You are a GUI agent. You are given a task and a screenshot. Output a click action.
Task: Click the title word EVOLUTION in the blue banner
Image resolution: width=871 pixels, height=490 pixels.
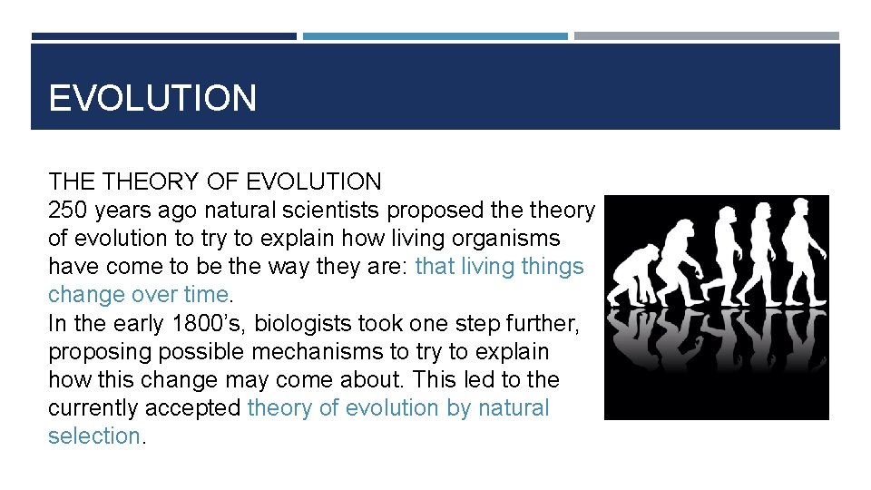click(152, 98)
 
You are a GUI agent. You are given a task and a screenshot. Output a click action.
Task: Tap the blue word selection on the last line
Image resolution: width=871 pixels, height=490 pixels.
click(94, 436)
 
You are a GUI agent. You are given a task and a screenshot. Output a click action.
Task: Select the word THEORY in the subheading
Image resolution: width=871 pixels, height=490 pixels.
click(157, 182)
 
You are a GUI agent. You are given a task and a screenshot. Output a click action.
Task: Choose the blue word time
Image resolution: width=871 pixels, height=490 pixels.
click(207, 295)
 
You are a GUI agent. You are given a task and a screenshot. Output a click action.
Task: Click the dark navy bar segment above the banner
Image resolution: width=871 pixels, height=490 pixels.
click(163, 36)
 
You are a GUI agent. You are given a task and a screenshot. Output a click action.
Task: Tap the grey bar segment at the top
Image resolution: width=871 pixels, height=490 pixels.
click(707, 36)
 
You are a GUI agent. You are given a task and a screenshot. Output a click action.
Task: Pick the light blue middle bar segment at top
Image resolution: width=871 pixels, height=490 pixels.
click(435, 36)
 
